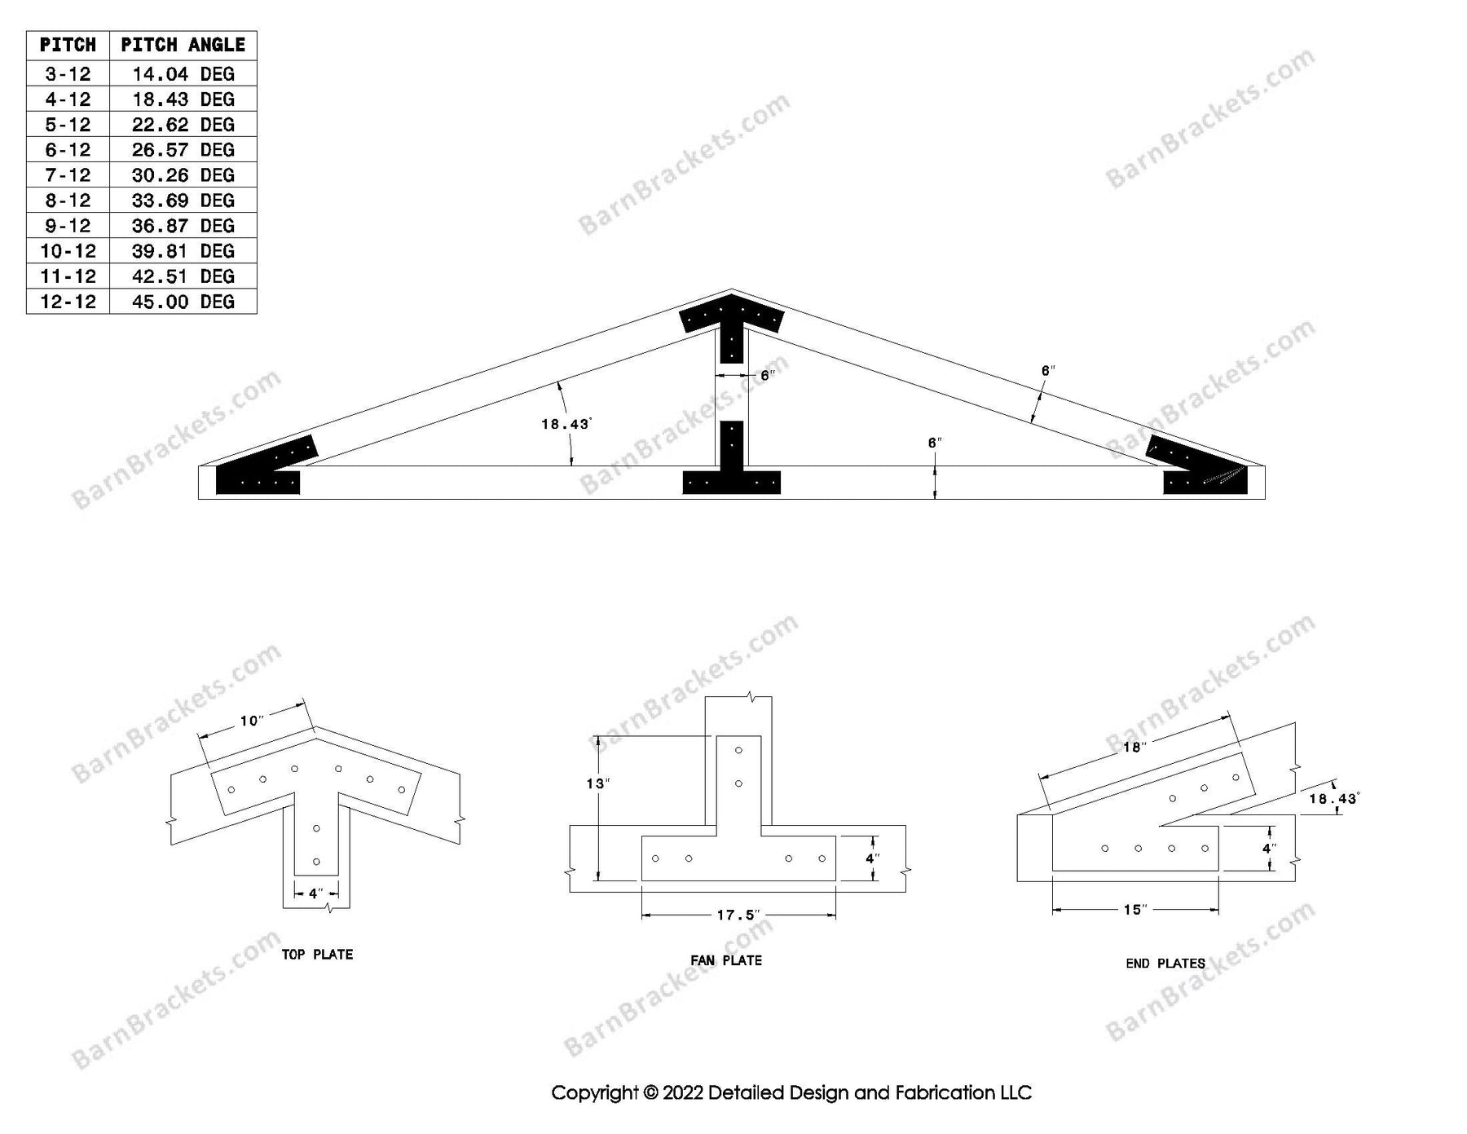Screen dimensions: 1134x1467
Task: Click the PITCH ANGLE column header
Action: point(183,45)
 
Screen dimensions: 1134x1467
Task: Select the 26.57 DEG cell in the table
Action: point(183,150)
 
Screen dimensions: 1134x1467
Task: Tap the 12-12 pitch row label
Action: point(68,302)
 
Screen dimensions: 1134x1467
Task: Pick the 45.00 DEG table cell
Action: point(183,302)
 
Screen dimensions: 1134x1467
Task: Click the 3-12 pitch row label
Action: point(68,74)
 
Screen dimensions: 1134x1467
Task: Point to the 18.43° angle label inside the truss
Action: point(566,424)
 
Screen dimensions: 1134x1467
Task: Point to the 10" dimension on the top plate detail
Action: point(251,721)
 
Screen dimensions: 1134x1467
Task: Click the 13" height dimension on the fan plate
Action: point(597,783)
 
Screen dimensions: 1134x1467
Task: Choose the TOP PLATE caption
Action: point(317,955)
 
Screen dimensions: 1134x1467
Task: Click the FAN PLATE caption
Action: point(725,960)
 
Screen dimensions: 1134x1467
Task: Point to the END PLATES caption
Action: point(1165,964)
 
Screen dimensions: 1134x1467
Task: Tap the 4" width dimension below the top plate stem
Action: point(316,894)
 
